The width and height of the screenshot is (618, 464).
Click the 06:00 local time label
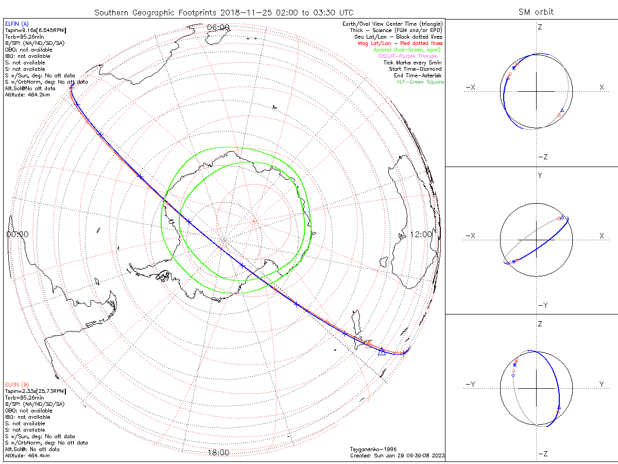pos(218,27)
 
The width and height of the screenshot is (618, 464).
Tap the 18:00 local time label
pos(218,453)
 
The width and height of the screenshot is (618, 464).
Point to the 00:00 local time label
pos(18,234)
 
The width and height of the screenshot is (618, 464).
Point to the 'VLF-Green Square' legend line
pos(420,82)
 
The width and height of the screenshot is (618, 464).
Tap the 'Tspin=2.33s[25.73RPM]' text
pos(35,391)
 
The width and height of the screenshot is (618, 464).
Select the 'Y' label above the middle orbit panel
pos(540,175)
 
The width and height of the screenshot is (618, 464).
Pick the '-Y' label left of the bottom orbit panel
pos(470,384)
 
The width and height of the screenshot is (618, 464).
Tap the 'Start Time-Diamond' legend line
pos(416,69)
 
